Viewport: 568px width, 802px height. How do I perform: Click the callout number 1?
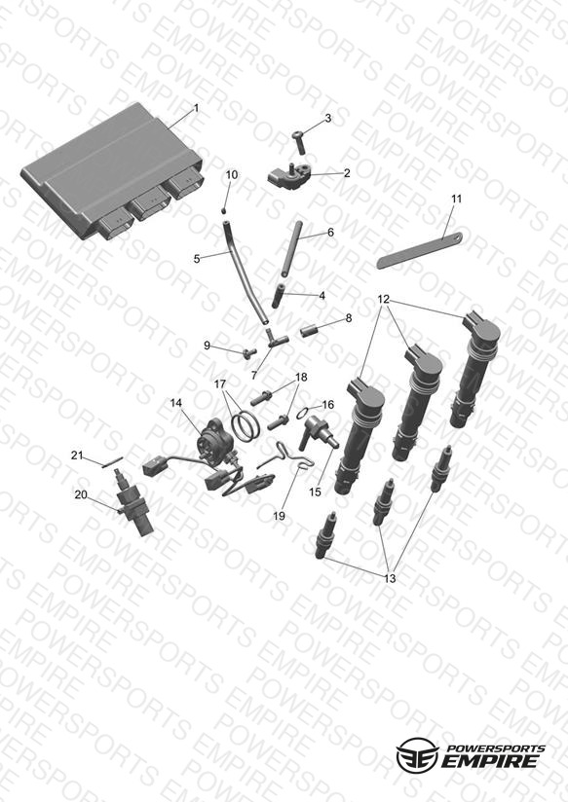[196, 108]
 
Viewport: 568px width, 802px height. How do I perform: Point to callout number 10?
[232, 175]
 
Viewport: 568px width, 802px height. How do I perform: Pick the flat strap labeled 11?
[420, 251]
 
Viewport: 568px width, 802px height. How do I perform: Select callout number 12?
[384, 299]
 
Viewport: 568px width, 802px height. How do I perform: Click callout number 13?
[390, 578]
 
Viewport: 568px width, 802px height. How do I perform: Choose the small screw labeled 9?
[250, 352]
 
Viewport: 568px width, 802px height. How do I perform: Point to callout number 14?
[175, 403]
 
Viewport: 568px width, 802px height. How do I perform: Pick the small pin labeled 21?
[112, 461]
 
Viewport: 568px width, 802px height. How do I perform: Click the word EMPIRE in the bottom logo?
[489, 760]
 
